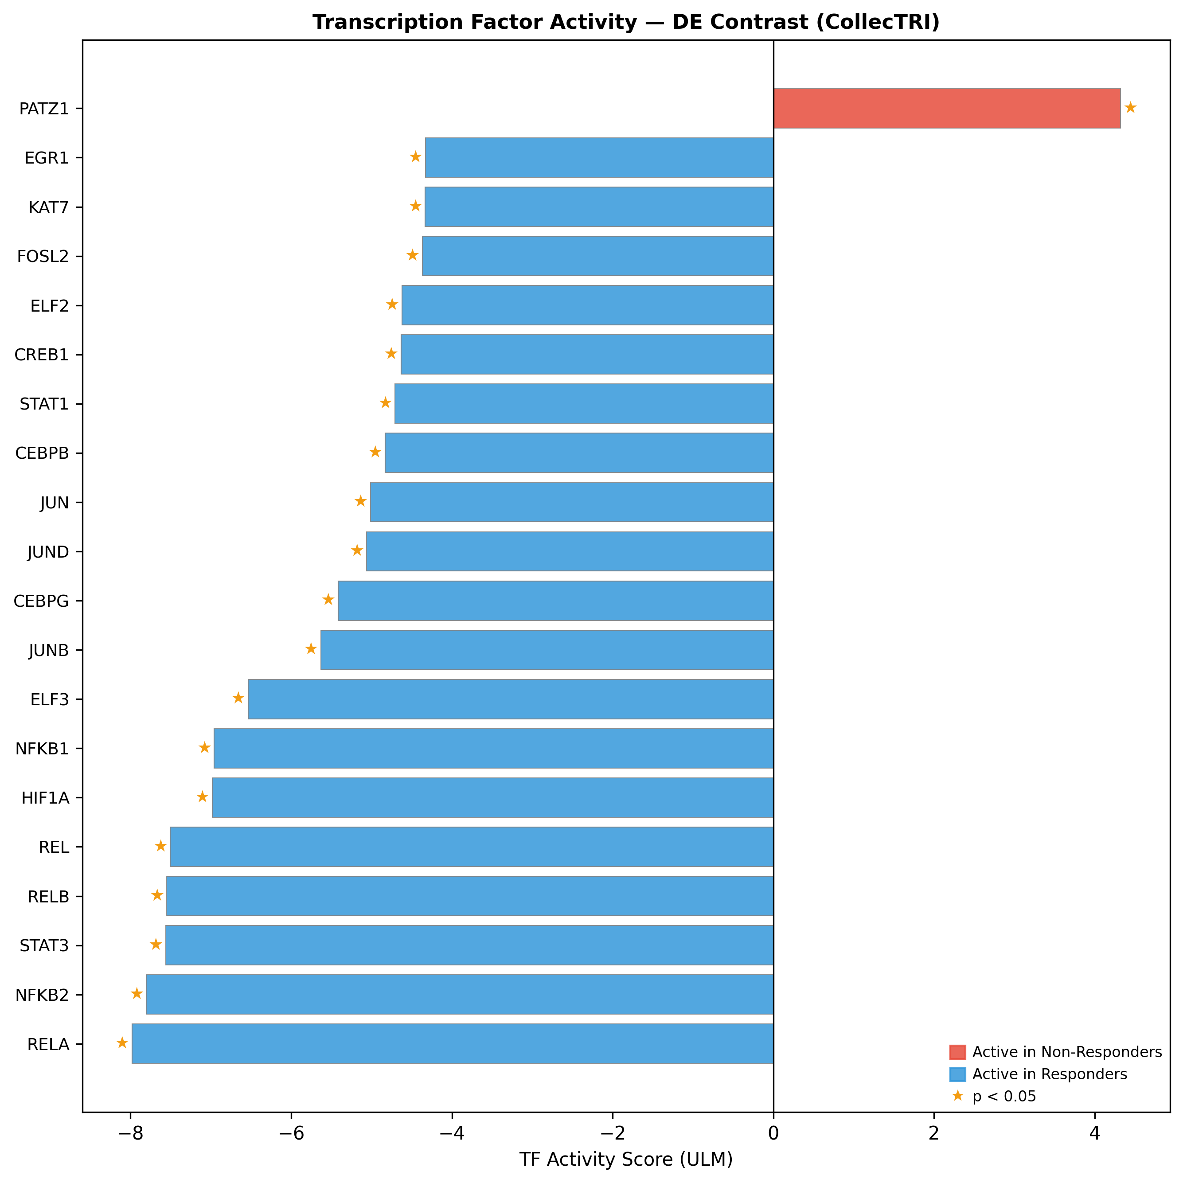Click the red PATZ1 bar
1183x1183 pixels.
(x=947, y=109)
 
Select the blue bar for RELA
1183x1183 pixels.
(x=453, y=1043)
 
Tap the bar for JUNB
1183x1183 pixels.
(x=547, y=650)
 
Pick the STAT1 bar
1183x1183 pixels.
(x=584, y=403)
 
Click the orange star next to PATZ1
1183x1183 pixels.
(x=1130, y=108)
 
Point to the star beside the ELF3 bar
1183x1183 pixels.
(x=238, y=698)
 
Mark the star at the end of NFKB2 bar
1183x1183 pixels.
(x=137, y=993)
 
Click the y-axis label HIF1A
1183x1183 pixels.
(x=45, y=798)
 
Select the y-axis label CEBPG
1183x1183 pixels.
(x=41, y=601)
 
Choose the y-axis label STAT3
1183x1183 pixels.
(x=44, y=945)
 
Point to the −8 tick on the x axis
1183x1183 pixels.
(x=130, y=1133)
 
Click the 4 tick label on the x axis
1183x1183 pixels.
(x=1094, y=1133)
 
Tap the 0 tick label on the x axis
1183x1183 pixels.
(x=773, y=1133)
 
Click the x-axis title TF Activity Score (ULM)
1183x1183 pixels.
(x=626, y=1159)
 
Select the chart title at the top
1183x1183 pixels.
(x=626, y=23)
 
